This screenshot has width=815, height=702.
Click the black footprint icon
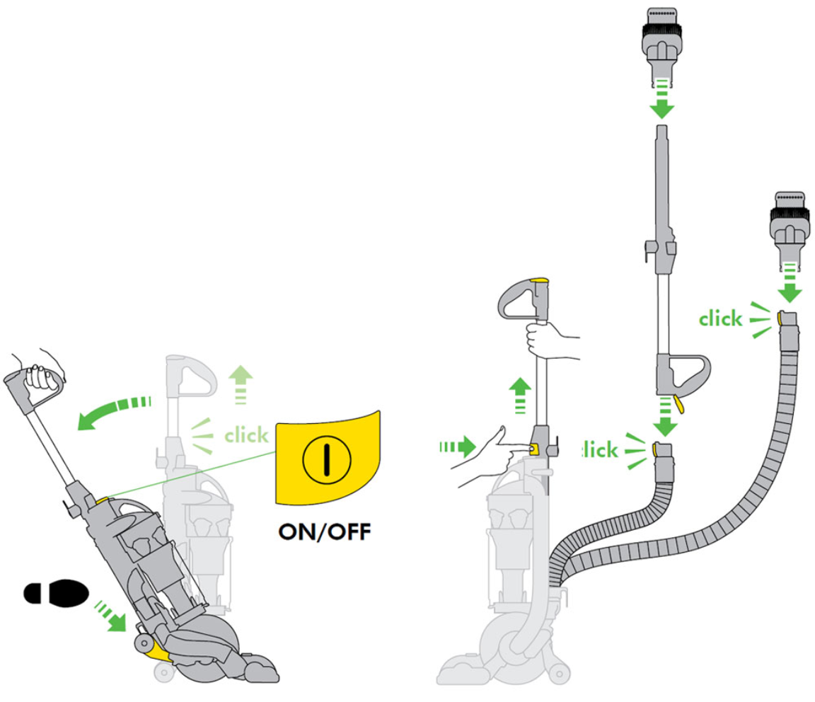pyautogui.click(x=57, y=592)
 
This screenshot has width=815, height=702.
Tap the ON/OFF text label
pyautogui.click(x=325, y=531)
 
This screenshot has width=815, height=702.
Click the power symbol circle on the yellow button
pyautogui.click(x=326, y=459)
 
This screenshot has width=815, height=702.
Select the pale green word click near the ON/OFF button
pyautogui.click(x=246, y=435)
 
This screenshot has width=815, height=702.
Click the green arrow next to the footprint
pyautogui.click(x=111, y=616)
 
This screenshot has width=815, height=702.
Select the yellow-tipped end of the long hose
pyautogui.click(x=787, y=320)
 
